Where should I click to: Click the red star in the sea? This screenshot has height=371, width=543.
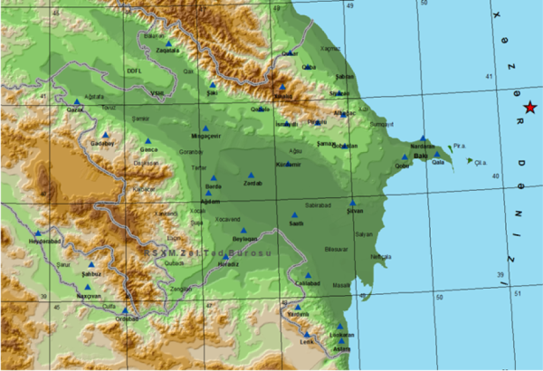[x=529, y=108]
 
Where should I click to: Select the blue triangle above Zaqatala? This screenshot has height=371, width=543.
[x=169, y=43]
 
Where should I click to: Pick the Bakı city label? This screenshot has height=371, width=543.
[x=419, y=157]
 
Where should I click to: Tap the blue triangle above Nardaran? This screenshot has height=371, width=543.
[x=422, y=138]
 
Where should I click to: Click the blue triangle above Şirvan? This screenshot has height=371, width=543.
[x=353, y=203]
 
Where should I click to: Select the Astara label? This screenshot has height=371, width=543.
[x=341, y=348]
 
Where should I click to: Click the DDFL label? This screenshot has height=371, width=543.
[x=135, y=69]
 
